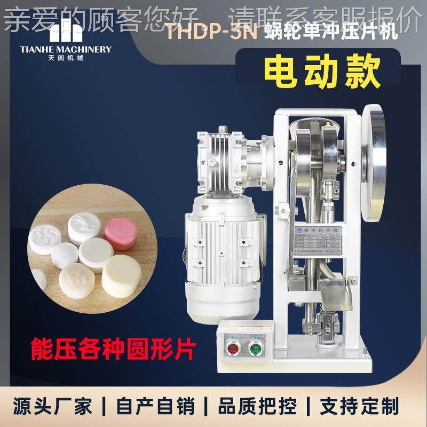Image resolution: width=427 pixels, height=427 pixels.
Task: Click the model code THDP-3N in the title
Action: [x=212, y=33]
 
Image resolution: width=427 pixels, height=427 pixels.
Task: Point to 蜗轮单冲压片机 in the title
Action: [x=330, y=33]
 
